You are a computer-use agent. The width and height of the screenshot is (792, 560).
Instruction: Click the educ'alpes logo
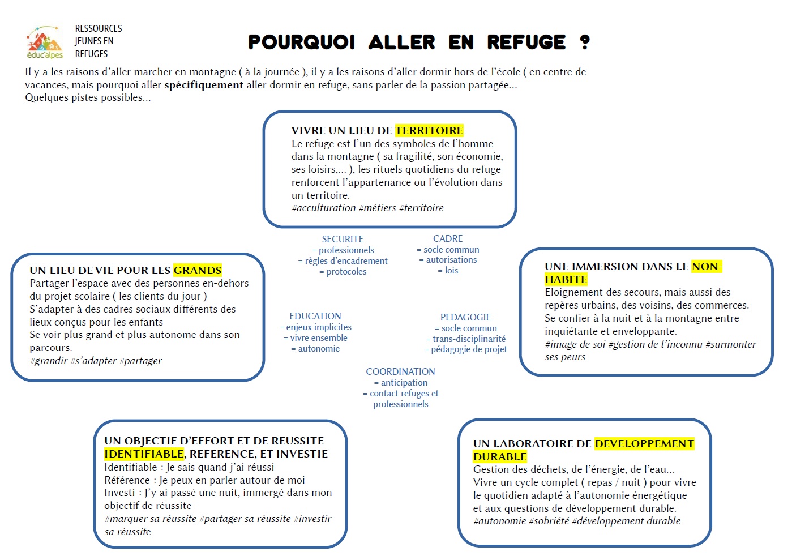[x=45, y=42]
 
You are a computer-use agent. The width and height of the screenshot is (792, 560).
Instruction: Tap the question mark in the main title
[x=585, y=42]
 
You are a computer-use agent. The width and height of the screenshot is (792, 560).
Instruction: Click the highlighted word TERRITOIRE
[x=429, y=131]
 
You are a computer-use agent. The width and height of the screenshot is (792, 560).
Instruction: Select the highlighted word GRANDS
[x=198, y=270]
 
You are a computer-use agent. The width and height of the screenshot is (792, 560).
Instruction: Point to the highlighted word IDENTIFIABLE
[x=144, y=454]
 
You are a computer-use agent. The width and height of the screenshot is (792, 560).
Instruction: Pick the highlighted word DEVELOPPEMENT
[x=644, y=443]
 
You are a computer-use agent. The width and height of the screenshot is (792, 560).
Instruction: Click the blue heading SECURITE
[x=343, y=239]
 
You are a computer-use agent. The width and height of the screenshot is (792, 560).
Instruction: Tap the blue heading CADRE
[x=448, y=238]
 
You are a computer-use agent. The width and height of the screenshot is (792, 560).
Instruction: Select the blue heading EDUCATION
[x=315, y=316]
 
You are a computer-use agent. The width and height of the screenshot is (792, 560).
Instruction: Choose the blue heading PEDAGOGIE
[x=465, y=317]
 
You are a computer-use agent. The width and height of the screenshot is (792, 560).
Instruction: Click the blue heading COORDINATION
[x=400, y=371]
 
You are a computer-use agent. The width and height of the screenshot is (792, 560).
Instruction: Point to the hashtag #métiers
[x=378, y=208]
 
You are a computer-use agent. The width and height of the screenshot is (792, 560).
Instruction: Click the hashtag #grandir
[x=49, y=361]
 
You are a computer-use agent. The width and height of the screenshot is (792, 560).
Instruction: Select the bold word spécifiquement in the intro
[x=204, y=85]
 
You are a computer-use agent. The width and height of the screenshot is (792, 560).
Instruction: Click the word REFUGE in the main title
[x=526, y=42]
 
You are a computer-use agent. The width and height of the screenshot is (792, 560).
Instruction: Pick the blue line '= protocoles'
[x=343, y=272]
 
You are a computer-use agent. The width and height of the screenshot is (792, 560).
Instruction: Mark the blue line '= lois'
[x=448, y=271]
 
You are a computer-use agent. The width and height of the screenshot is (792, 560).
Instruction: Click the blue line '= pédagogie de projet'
[x=465, y=349]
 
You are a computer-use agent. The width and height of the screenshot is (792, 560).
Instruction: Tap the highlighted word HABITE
[x=566, y=279]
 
